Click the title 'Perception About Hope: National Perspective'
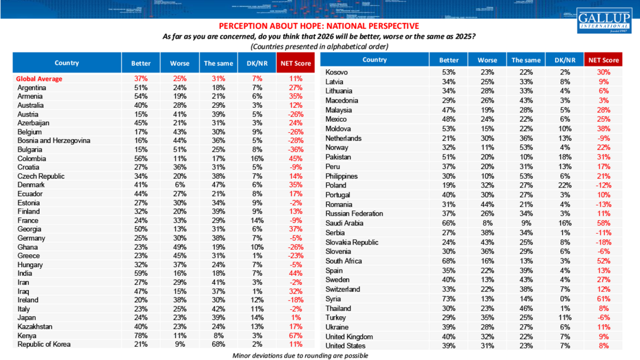(319, 26)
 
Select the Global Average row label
(39, 79)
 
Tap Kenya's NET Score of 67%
(295, 335)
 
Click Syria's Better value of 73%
(449, 299)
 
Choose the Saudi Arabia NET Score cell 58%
(603, 223)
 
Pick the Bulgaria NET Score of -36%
(295, 150)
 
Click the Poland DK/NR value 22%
(564, 185)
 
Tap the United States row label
(345, 346)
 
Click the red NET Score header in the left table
(295, 63)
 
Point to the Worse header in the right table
(487, 60)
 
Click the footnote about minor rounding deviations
(300, 355)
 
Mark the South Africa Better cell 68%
(449, 261)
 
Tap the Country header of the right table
(375, 60)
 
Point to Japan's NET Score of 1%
(295, 318)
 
